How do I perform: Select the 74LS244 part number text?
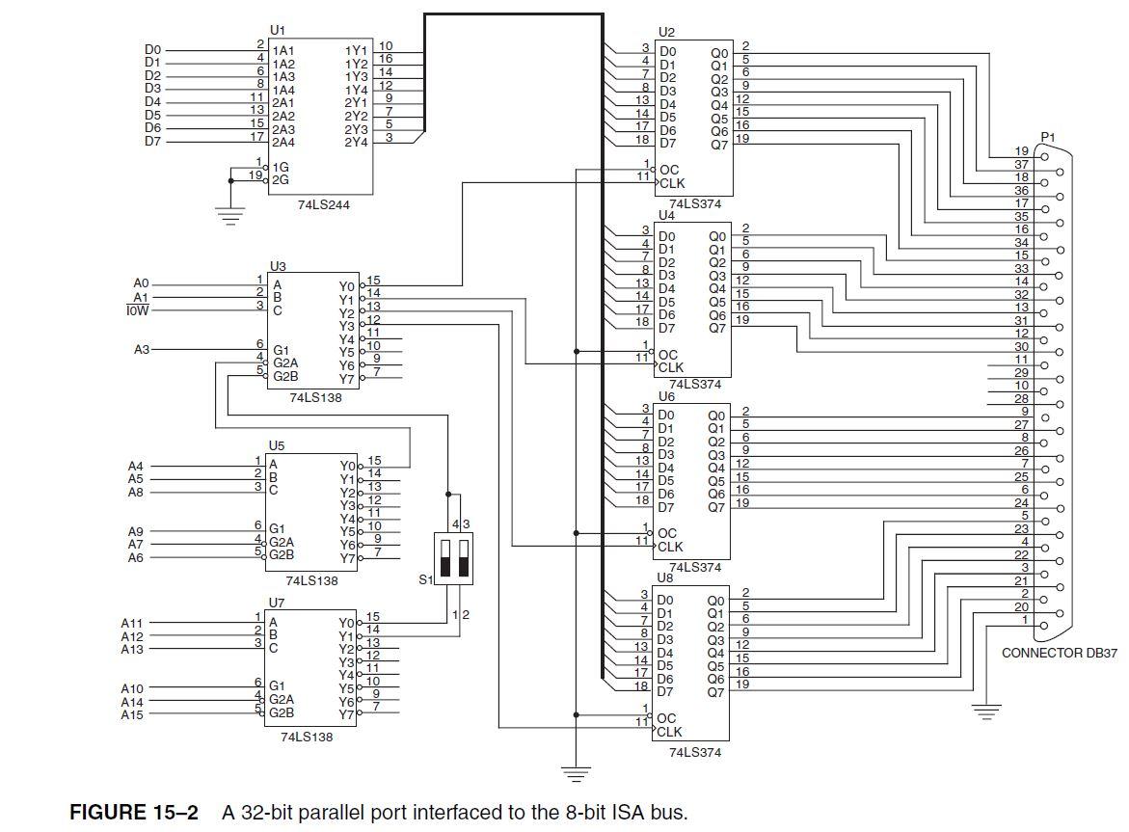(321, 205)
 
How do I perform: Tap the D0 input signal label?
(152, 49)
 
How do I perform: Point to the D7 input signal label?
(152, 141)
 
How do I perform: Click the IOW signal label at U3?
(136, 310)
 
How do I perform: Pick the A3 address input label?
(141, 349)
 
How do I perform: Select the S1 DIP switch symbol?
(455, 556)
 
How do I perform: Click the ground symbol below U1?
(228, 215)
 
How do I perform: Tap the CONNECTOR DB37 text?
(1059, 653)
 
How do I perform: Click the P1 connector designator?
(1048, 137)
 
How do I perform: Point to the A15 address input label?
(132, 714)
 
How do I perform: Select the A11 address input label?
(132, 623)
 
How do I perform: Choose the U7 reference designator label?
(277, 602)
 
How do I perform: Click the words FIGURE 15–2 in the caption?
(134, 812)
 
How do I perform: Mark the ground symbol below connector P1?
(984, 713)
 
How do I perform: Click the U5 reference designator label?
(277, 446)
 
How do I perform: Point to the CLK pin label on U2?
(673, 182)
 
